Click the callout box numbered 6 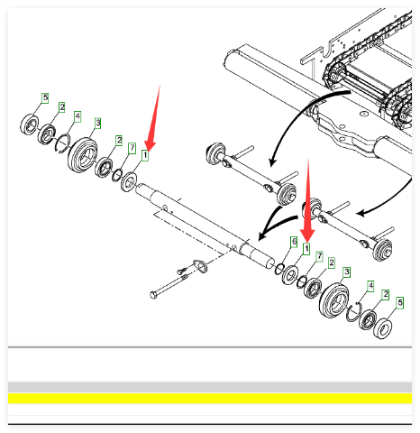pos(294,242)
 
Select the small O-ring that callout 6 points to pos(279,269)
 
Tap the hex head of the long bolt pos(153,295)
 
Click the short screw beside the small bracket pos(182,270)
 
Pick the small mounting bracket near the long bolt pos(200,266)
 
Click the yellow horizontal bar pos(210,398)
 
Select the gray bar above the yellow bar pos(210,387)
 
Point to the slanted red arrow pos(152,118)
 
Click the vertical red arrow pos(307,199)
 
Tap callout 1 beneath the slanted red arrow pos(145,155)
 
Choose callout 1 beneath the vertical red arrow pos(306,249)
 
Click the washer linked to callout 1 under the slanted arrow pos(129,182)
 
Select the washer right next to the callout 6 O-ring pos(290,275)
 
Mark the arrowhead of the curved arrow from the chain pos(272,161)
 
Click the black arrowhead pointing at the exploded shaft pos(262,235)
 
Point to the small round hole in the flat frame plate pos(364,114)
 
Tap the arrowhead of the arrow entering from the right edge pos(361,214)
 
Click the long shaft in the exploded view pos(205,226)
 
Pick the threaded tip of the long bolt pos(185,277)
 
